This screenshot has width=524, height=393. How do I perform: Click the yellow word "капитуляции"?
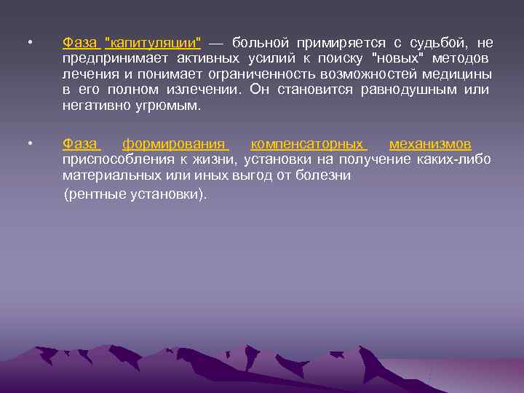point(154,43)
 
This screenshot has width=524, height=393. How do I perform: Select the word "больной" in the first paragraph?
point(261,43)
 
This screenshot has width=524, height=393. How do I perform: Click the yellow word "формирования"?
point(175,144)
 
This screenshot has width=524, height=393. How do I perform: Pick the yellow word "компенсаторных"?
point(309,144)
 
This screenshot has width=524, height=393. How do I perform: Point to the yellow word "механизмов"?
point(430,144)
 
